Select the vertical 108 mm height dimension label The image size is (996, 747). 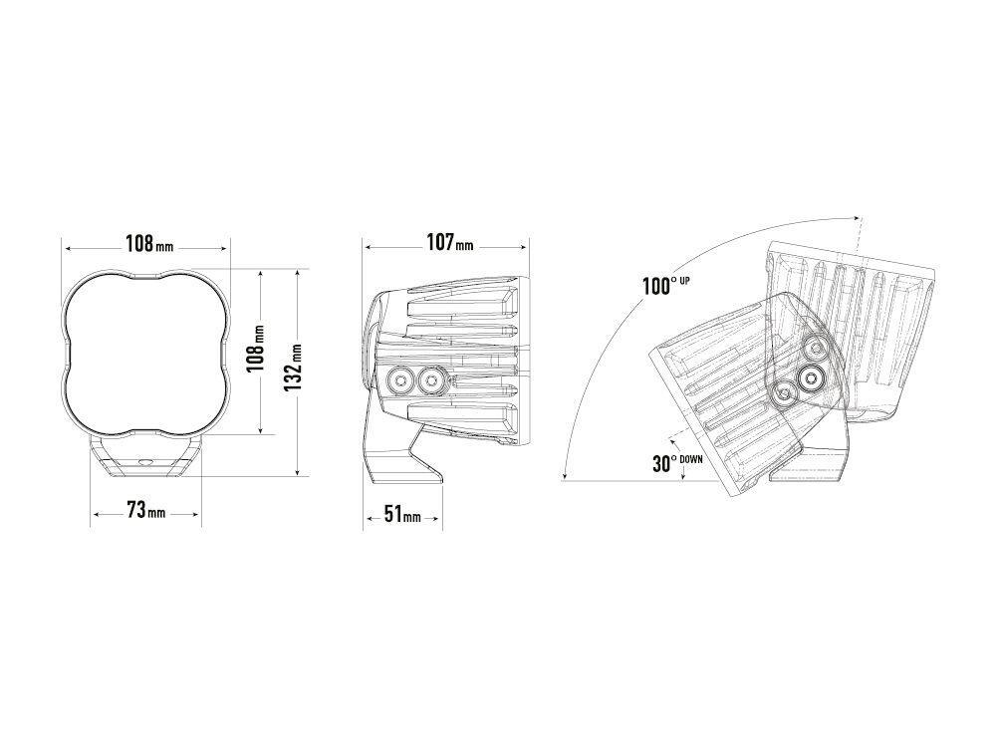pyautogui.click(x=255, y=352)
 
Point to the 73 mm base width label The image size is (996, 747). pyautogui.click(x=146, y=510)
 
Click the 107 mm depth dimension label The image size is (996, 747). pyautogui.click(x=450, y=242)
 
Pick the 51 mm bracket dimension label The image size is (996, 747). pyautogui.click(x=402, y=514)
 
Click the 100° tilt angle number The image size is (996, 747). pyautogui.click(x=656, y=287)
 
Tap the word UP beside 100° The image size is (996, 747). pyautogui.click(x=685, y=280)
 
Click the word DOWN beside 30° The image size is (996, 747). pyautogui.click(x=691, y=458)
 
